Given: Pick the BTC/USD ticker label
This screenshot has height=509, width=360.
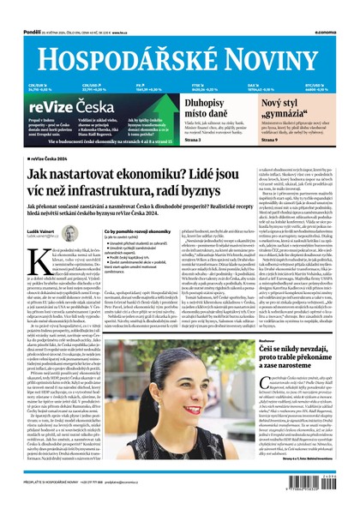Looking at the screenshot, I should pos(312,84).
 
